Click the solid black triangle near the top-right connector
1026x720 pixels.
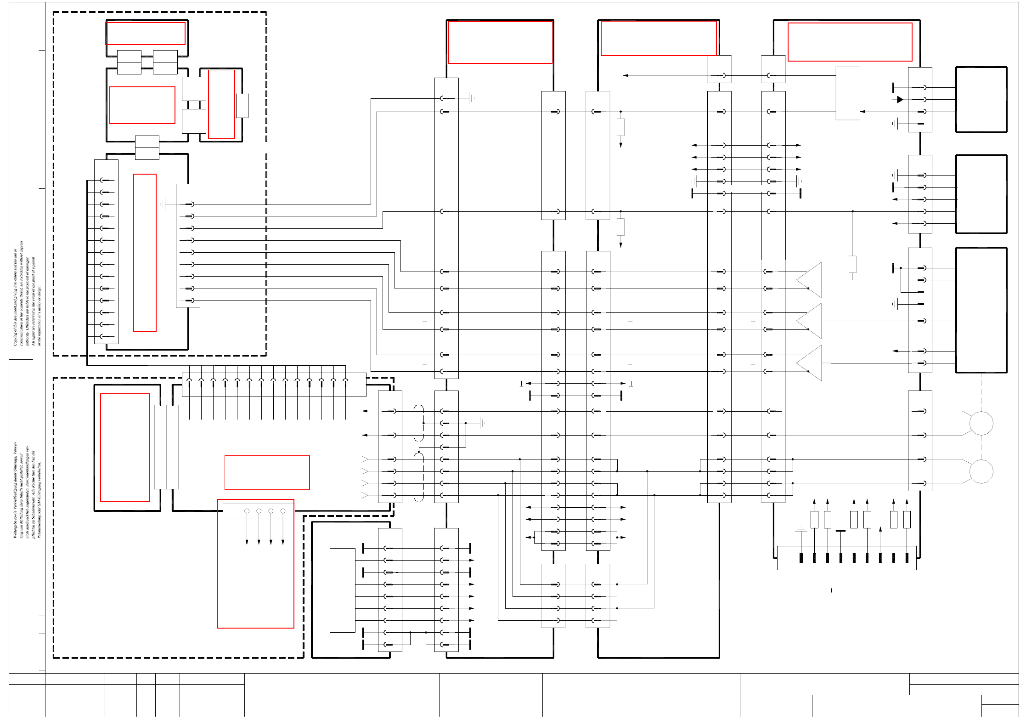tap(900, 99)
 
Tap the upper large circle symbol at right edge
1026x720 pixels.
tap(981, 423)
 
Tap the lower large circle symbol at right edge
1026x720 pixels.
tap(981, 471)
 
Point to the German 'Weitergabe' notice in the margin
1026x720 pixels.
tap(27, 490)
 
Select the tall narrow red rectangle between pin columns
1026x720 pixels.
tap(145, 252)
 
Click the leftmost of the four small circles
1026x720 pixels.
tap(247, 511)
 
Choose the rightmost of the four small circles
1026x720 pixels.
tap(283, 511)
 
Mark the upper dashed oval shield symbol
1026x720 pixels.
tap(418, 423)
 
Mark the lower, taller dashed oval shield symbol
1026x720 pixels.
tap(418, 477)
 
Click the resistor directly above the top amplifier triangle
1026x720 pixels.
tap(852, 264)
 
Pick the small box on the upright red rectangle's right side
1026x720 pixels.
tap(242, 106)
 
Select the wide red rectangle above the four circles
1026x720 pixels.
tap(267, 472)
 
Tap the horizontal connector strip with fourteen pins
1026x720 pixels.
tap(274, 385)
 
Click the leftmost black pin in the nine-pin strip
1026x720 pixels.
tap(801, 557)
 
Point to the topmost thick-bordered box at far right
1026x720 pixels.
tap(981, 99)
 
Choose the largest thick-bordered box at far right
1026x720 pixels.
tap(981, 310)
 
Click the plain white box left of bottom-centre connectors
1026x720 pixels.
tap(342, 590)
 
